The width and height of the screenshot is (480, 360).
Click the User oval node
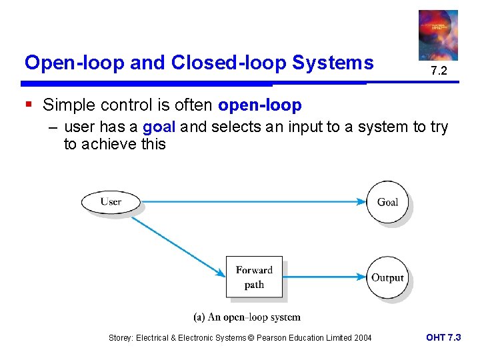point(111,201)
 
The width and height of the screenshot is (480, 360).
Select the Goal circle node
point(387,201)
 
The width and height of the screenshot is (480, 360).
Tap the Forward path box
point(254,277)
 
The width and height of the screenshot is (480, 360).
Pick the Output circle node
point(387,277)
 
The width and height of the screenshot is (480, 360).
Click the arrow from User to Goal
point(253,201)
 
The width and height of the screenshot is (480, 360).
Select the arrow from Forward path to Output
point(325,277)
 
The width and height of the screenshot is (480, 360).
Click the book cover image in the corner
point(438,35)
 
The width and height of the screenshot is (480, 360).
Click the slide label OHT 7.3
point(443,337)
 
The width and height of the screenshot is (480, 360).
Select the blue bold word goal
point(159,127)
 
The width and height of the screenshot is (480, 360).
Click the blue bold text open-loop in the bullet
point(259,105)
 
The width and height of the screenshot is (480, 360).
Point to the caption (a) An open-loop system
point(247,317)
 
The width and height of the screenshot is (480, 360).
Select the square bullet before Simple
point(28,105)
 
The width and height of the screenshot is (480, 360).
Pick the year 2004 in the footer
point(361,338)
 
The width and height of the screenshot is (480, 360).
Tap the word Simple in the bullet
point(68,105)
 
